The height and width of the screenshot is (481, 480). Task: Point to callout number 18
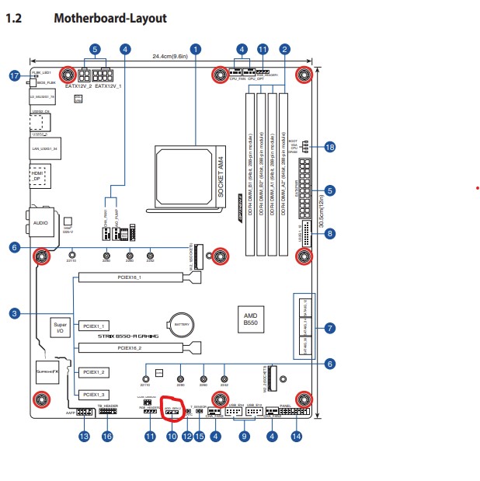pyautogui.click(x=330, y=147)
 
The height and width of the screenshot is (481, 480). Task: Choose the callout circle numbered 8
pyautogui.click(x=330, y=233)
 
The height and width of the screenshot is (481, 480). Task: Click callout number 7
pyautogui.click(x=330, y=328)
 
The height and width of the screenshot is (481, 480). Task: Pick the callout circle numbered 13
pyautogui.click(x=84, y=437)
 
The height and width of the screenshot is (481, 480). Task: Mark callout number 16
pyautogui.click(x=107, y=437)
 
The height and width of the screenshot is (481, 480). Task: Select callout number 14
pyautogui.click(x=295, y=437)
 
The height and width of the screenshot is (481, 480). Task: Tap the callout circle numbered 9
pyautogui.click(x=245, y=437)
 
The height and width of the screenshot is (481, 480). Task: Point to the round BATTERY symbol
pyautogui.click(x=182, y=324)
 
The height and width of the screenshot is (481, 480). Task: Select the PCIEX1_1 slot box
pyautogui.click(x=96, y=326)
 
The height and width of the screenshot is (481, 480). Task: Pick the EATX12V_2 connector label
pyautogui.click(x=78, y=87)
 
